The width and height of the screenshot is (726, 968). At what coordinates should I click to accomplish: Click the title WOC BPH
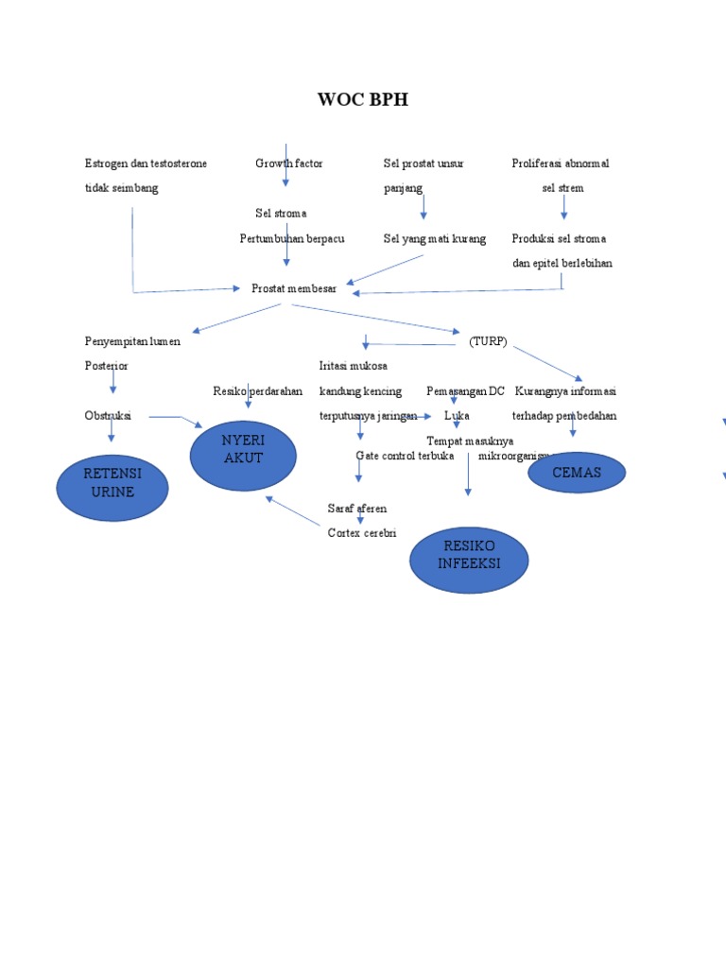pyautogui.click(x=363, y=99)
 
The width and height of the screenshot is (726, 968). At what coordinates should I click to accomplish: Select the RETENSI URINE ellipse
pyautogui.click(x=112, y=483)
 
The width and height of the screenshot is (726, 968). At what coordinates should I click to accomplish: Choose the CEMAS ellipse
pyautogui.click(x=577, y=473)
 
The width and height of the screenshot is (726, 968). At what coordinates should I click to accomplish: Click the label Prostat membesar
pyautogui.click(x=294, y=288)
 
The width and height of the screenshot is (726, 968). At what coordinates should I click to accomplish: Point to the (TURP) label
pyautogui.click(x=488, y=341)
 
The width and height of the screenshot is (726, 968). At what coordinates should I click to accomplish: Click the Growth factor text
pyautogui.click(x=289, y=164)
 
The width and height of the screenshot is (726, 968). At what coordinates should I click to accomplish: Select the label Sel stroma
pyautogui.click(x=281, y=214)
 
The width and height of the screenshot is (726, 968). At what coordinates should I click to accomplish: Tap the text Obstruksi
pyautogui.click(x=108, y=415)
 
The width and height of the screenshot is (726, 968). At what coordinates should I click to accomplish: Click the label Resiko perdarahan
pyautogui.click(x=258, y=391)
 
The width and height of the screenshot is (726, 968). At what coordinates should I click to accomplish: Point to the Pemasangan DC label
pyautogui.click(x=466, y=391)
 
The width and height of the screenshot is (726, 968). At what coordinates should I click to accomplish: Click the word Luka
pyautogui.click(x=457, y=416)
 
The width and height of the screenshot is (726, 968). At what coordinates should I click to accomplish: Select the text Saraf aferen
pyautogui.click(x=357, y=509)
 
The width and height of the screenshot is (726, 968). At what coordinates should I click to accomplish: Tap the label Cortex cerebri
pyautogui.click(x=362, y=533)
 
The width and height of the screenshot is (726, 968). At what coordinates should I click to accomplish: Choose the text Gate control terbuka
pyautogui.click(x=405, y=456)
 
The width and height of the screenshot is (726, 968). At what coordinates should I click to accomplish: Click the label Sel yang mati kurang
pyautogui.click(x=435, y=239)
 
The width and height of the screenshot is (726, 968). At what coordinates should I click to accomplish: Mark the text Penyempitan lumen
pyautogui.click(x=132, y=341)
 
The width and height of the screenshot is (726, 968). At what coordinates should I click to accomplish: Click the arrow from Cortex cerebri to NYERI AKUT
pyautogui.click(x=294, y=511)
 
